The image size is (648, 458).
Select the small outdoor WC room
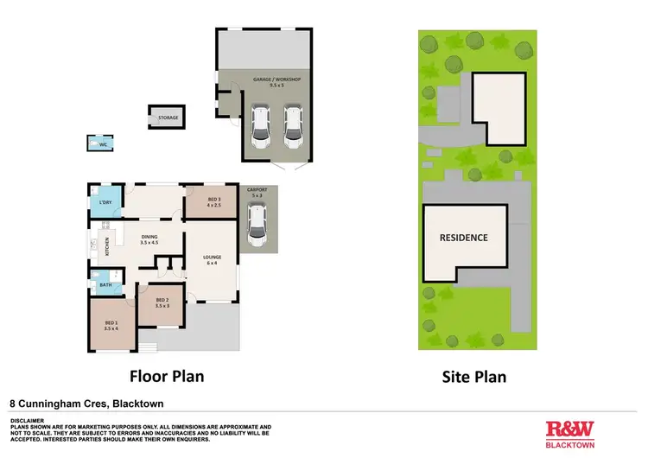102,144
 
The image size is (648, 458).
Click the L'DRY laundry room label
106,203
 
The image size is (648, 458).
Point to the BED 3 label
214,203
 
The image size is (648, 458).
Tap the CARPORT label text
257,192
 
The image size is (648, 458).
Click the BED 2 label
161,302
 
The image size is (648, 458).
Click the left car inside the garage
260,127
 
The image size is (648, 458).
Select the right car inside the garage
294,127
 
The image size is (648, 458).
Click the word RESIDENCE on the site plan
464,238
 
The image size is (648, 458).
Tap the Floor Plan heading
166,377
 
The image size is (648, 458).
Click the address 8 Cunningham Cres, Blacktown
86,403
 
